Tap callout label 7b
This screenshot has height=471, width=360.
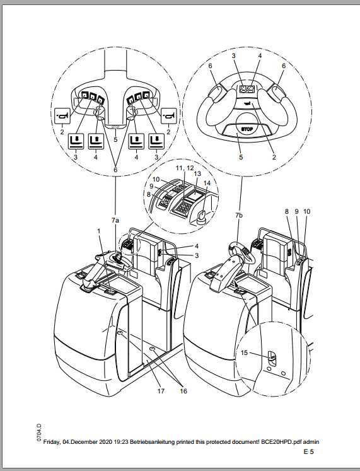tap(238, 216)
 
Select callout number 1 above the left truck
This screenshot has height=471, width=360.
tap(98, 233)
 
